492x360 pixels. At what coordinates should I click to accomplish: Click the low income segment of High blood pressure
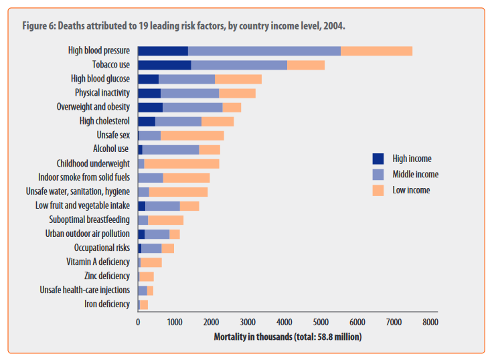376,51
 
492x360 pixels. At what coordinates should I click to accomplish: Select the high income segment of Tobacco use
164,65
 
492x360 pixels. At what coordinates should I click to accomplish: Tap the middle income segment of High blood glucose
186,79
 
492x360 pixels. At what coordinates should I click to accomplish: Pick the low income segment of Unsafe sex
192,135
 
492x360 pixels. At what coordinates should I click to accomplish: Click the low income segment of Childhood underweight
181,163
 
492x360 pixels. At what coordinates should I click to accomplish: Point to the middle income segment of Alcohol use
171,149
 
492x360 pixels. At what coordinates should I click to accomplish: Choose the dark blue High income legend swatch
378,159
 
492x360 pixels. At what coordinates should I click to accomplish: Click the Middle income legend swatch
378,174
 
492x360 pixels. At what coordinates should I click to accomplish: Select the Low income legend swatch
378,190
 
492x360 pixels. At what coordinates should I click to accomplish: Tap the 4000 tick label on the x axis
284,322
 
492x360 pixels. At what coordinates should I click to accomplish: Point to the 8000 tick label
430,322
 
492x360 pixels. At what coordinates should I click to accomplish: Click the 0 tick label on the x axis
138,322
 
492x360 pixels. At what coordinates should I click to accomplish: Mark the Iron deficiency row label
107,304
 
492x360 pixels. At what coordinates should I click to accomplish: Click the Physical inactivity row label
102,93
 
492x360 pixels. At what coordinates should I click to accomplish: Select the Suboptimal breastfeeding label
89,219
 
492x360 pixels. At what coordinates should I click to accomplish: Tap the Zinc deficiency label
107,276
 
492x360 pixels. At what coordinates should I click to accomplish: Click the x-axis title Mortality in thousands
287,337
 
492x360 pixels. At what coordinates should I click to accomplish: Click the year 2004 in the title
335,26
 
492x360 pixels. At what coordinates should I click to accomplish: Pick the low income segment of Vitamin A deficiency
151,262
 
